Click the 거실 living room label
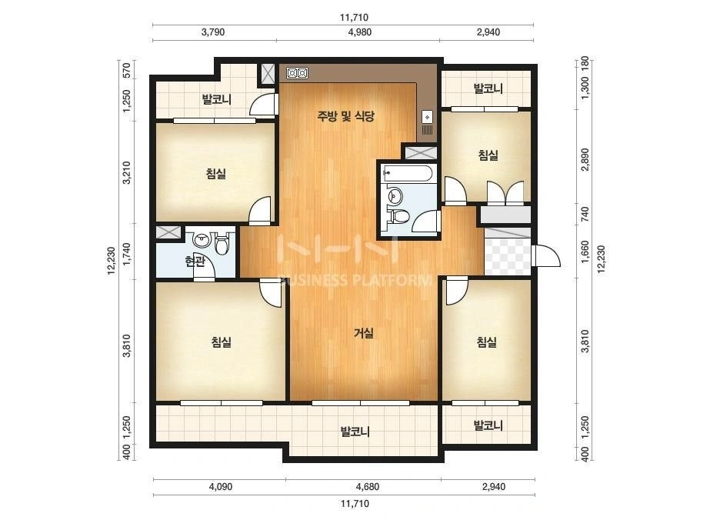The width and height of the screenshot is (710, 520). (364, 333)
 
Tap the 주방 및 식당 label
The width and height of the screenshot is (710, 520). (345, 116)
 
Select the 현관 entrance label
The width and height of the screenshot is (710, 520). (195, 261)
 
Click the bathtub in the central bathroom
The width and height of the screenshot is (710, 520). (408, 173)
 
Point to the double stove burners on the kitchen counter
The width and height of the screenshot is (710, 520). (298, 73)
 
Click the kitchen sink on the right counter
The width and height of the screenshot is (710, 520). (428, 118)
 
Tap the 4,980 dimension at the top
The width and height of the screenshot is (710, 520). (360, 32)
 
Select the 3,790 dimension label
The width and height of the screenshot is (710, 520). (213, 32)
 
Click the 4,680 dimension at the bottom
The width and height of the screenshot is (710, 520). (368, 487)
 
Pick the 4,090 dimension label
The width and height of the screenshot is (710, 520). (221, 487)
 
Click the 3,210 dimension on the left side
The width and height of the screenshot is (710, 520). (127, 172)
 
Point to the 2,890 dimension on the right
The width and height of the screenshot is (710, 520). (585, 159)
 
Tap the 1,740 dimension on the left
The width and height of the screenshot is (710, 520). (127, 254)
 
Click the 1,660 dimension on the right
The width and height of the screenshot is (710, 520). (585, 252)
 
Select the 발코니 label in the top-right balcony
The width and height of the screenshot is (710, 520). (488, 88)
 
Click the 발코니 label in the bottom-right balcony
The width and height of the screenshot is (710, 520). (488, 425)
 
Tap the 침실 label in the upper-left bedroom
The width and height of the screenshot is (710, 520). (216, 173)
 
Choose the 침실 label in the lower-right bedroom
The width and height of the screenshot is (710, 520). (487, 342)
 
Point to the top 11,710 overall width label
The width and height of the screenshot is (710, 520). (354, 18)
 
